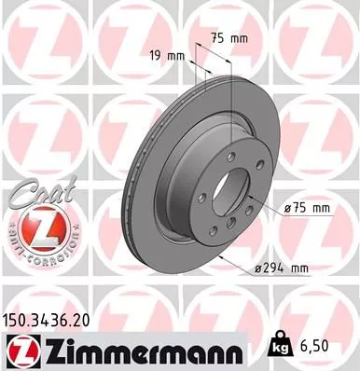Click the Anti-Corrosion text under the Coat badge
[38, 254]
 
